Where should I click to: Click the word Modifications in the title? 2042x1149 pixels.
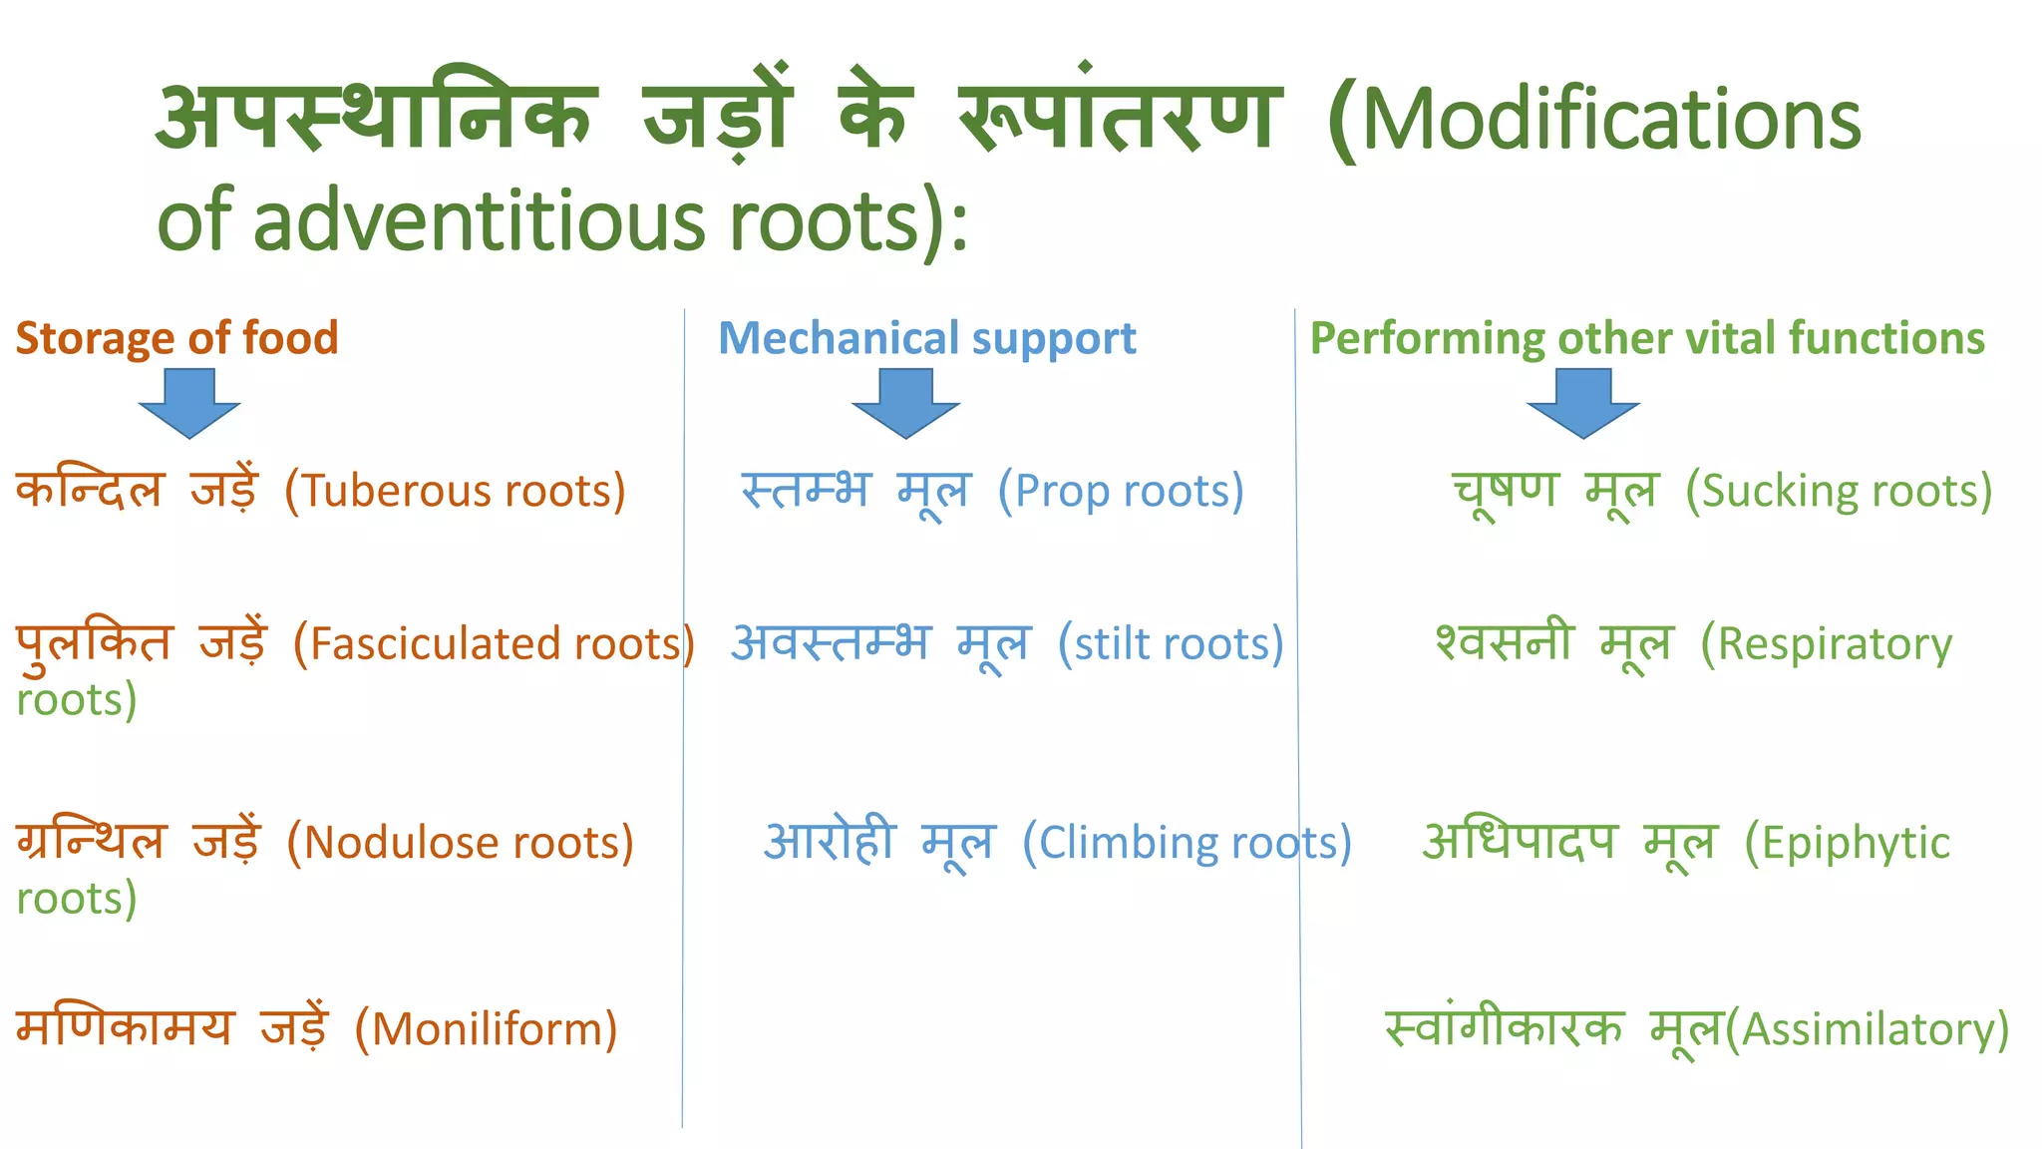pos(1609,120)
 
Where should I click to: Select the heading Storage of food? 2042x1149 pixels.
pos(176,338)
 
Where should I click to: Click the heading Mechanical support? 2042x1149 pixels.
pos(926,338)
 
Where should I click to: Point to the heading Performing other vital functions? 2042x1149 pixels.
pos(1646,338)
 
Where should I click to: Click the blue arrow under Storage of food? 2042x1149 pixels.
pos(189,402)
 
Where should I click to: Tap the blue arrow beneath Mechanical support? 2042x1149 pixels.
pos(905,402)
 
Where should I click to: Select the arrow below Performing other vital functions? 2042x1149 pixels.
pos(1582,402)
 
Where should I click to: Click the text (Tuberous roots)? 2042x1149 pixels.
pos(455,491)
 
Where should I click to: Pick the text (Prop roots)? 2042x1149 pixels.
pos(1121,491)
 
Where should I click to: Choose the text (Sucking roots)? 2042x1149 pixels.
pos(1839,491)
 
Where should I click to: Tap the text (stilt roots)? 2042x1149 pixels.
pos(1171,643)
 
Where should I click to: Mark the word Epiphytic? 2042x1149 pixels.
pos(1854,844)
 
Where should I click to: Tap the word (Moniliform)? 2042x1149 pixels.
pos(487,1029)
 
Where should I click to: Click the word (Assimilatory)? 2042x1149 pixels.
pos(1868,1029)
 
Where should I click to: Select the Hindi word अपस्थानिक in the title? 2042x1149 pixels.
pos(376,118)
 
